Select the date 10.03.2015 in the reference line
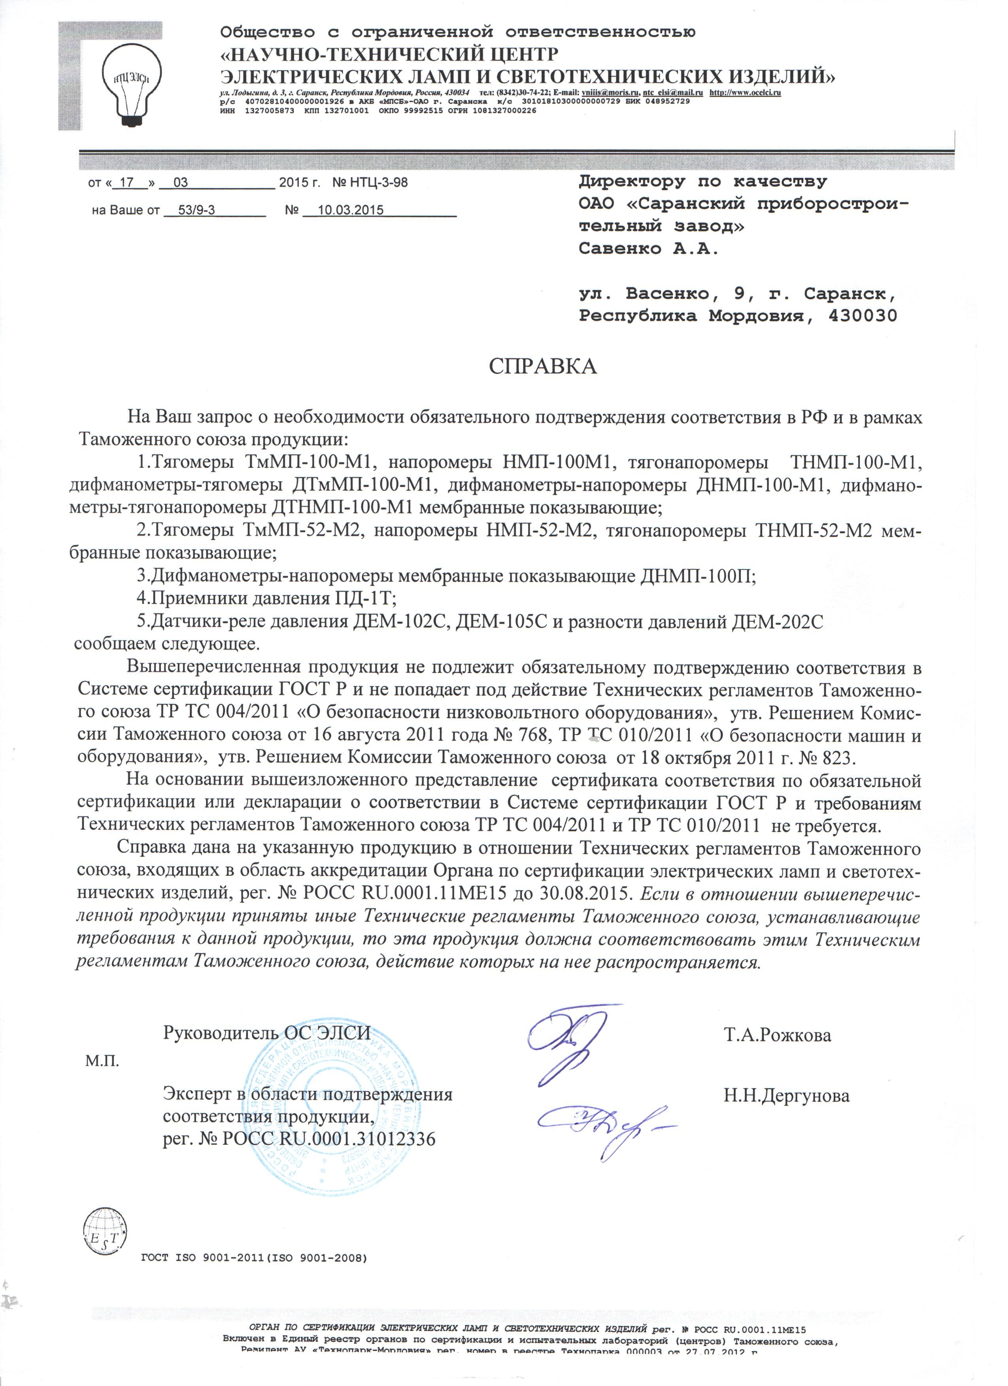coord(350,211)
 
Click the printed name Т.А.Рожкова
coord(777,1035)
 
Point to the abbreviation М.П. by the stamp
coord(102,1061)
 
